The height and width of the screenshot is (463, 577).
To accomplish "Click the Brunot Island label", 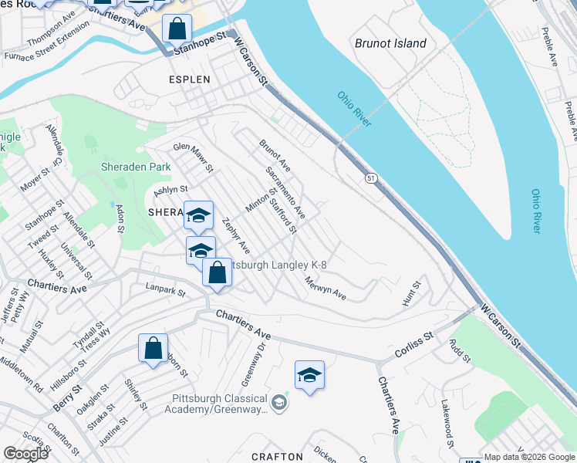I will point(390,43).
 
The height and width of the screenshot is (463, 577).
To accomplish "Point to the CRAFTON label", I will point(277,456).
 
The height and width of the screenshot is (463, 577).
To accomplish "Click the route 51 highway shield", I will point(372,178).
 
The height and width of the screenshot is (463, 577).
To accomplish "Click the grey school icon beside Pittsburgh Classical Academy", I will point(279,402).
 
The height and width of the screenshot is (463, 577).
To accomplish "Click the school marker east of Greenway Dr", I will point(309,375).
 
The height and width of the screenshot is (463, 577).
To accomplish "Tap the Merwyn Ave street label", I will point(325,289).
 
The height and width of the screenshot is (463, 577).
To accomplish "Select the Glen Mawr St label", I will point(192,157).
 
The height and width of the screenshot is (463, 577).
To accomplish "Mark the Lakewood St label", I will point(447,424).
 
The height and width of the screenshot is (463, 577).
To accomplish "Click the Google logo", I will point(25,454).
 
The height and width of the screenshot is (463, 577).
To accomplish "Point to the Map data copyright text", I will point(529,457).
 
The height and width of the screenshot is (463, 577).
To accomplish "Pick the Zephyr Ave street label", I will point(236,236).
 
